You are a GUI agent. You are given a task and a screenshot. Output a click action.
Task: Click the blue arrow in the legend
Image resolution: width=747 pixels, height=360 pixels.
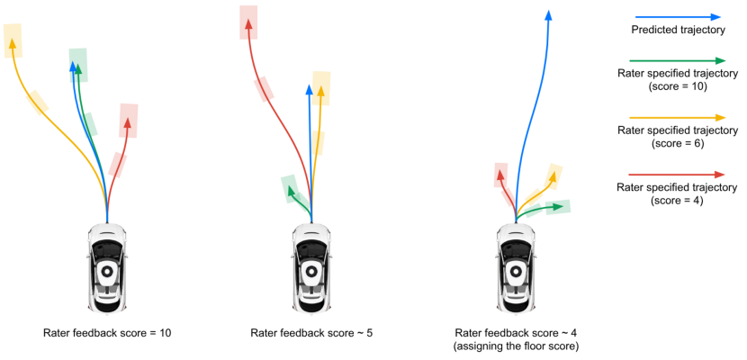678,16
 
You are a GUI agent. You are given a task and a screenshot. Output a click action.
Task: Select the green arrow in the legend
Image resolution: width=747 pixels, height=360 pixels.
678,60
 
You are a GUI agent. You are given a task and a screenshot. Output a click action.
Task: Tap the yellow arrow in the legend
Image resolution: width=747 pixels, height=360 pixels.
678,117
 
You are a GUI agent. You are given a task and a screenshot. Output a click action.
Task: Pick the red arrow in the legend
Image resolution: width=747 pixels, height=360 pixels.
678,174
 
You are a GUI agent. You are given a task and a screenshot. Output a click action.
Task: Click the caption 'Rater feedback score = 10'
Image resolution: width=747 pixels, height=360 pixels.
107,333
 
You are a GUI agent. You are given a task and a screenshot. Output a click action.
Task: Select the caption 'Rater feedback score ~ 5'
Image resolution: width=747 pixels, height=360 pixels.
311,333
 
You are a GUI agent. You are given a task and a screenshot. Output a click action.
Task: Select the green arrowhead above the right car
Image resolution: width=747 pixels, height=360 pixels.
560,206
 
